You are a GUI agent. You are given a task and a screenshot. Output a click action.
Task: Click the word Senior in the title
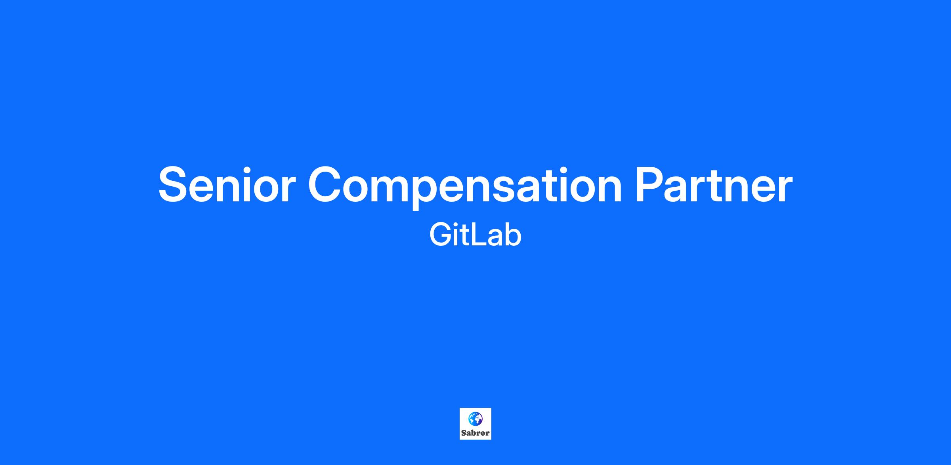click(x=227, y=185)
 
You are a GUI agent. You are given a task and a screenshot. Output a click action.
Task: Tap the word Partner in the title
click(x=714, y=185)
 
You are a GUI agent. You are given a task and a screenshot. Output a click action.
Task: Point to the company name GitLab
click(x=475, y=235)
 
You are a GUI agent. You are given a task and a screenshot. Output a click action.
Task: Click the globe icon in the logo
click(x=475, y=418)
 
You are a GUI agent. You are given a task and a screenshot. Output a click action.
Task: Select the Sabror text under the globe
click(x=475, y=433)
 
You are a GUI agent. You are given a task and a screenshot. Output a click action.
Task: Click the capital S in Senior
click(x=173, y=185)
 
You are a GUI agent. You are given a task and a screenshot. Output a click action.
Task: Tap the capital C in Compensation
click(x=326, y=185)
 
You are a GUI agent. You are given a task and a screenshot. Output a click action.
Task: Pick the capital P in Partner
click(x=651, y=185)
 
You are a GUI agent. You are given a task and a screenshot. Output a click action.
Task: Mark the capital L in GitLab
click(x=480, y=235)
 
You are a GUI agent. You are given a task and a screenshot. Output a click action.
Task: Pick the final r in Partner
click(x=784, y=189)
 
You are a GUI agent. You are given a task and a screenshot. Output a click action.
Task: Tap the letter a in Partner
click(x=682, y=190)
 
